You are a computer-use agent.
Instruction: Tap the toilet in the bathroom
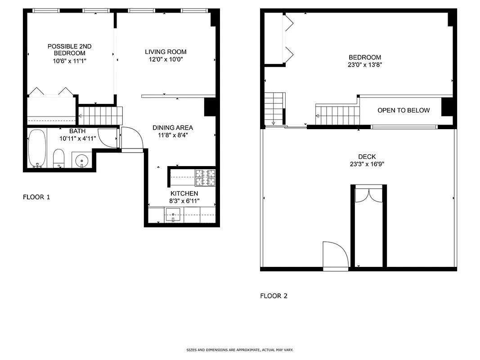point(59,158)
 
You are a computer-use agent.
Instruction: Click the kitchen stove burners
point(205,178)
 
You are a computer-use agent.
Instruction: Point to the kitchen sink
point(173,215)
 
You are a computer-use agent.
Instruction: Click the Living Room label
point(166,52)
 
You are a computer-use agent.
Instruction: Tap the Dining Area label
point(172,128)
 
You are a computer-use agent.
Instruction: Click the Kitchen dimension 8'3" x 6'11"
point(184,200)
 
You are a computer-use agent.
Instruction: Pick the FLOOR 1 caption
point(36,197)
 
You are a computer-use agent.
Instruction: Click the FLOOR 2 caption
point(274,296)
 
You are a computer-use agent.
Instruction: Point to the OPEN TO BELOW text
point(403,110)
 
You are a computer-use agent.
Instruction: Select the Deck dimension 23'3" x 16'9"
point(367,164)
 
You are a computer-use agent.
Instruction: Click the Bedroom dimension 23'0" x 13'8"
point(365,64)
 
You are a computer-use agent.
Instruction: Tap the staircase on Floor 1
point(100,116)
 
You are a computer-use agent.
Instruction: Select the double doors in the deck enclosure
point(368,195)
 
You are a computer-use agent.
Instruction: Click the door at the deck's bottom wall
point(336,256)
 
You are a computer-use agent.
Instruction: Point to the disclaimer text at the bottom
point(240,350)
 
